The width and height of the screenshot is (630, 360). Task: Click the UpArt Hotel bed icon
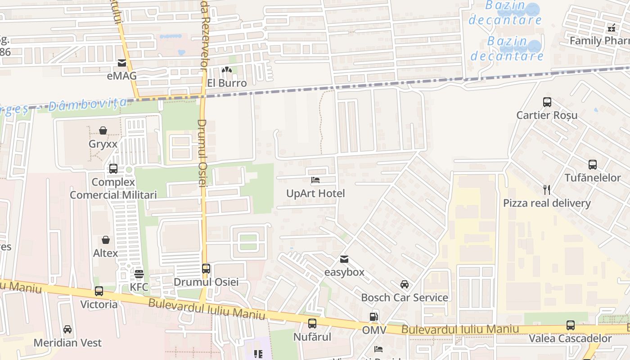[x=315, y=180]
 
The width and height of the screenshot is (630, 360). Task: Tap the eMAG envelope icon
[x=122, y=63]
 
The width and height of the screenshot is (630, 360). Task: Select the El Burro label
[x=227, y=83]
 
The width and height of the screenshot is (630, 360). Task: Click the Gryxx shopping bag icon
[x=103, y=131]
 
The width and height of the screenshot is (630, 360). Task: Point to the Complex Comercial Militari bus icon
[x=113, y=169]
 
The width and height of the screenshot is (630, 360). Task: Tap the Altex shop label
[x=105, y=253]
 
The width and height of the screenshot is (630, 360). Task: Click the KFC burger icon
[x=139, y=274]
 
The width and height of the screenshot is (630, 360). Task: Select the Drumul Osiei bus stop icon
[x=206, y=269]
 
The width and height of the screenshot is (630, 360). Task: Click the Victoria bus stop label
[x=99, y=305]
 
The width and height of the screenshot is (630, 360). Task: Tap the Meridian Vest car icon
[x=67, y=329]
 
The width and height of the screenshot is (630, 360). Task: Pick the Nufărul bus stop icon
[x=312, y=324]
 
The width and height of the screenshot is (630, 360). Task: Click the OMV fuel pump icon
[x=374, y=317]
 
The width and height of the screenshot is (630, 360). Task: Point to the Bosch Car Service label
[x=405, y=298]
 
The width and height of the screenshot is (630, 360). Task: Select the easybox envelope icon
[x=344, y=259]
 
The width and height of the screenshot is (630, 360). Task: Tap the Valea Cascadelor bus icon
[x=571, y=325]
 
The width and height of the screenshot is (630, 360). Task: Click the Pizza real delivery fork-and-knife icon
[x=547, y=189]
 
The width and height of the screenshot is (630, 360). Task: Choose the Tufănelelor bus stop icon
[x=592, y=165]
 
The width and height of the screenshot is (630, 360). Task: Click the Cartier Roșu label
[x=547, y=115]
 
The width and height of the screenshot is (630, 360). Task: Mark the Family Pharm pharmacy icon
[x=611, y=28]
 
